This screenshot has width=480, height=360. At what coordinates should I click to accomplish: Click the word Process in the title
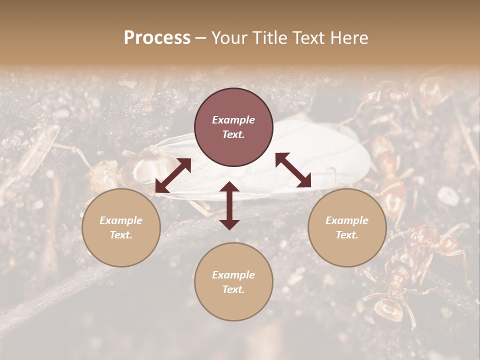click(157, 38)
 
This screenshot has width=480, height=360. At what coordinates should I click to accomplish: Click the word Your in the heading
click(230, 38)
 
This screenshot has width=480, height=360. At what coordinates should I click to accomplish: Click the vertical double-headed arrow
click(229, 205)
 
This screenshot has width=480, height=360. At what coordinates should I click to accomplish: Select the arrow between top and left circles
click(173, 175)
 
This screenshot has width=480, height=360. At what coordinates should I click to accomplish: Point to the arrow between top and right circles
click(293, 170)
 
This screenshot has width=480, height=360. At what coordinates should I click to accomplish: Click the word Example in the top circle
click(233, 120)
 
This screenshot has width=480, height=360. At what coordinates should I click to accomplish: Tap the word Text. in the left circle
click(121, 235)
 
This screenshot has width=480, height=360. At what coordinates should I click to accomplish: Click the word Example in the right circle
click(347, 220)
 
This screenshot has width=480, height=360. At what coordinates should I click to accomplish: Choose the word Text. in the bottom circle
click(233, 289)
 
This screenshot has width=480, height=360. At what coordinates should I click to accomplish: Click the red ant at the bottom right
click(395, 295)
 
